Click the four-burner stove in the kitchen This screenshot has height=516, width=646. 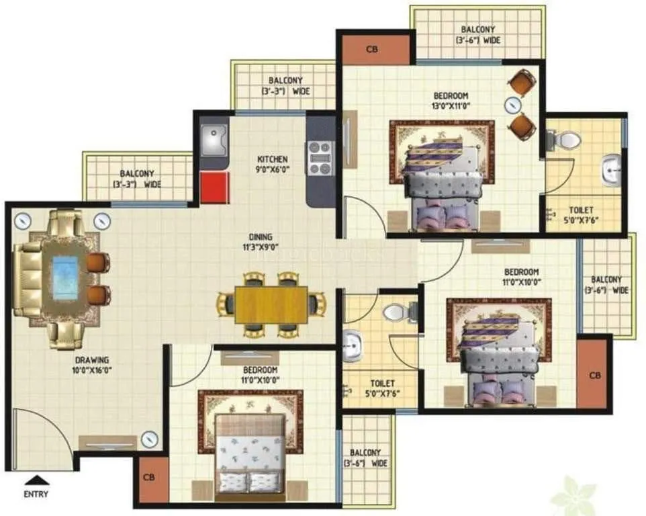(x=319, y=158)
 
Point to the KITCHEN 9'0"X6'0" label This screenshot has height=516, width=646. (x=273, y=165)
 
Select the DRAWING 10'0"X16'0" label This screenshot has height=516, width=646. (x=93, y=364)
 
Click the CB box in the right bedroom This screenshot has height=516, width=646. (x=594, y=374)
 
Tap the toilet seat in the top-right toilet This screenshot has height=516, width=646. (x=567, y=140)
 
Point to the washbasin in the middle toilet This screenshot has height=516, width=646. (x=351, y=347)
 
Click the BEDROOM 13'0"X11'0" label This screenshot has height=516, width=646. (x=450, y=101)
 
